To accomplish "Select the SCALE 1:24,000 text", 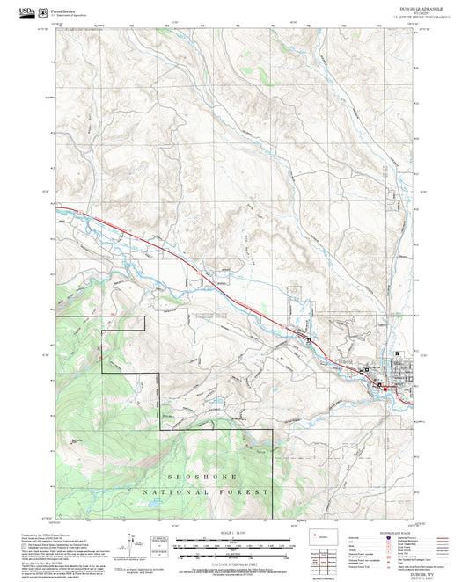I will [x=235, y=534].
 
